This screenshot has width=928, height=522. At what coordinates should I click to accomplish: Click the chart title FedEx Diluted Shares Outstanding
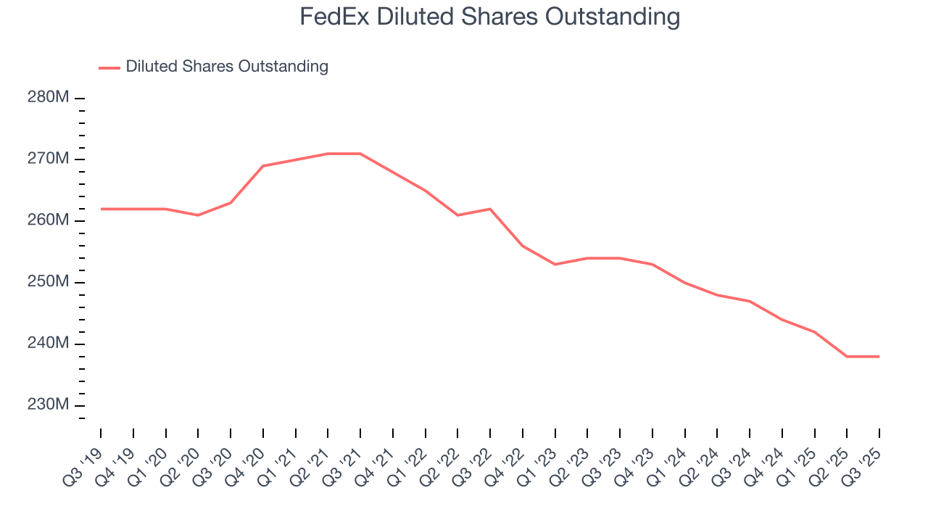point(490,16)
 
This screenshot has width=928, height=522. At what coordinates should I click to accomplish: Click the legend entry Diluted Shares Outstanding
point(226,67)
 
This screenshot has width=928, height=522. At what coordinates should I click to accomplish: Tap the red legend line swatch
point(109,67)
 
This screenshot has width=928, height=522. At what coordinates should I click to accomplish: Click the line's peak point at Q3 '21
point(360,154)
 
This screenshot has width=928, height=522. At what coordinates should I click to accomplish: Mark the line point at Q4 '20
point(263,166)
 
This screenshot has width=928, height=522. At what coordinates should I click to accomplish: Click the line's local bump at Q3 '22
point(490,209)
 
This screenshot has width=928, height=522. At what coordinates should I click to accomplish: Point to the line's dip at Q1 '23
point(555,264)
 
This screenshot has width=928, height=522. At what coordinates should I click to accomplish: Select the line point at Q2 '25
point(847,356)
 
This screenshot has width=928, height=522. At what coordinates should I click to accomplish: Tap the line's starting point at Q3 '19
point(101,209)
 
